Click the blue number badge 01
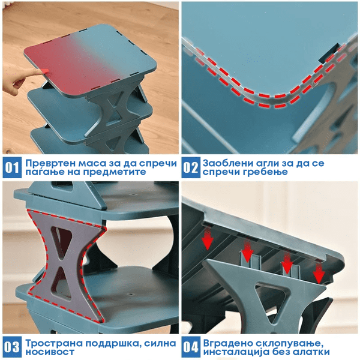[x=12, y=167]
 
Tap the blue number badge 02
[x=191, y=167]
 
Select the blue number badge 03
[x=12, y=347]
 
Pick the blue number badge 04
[x=191, y=347]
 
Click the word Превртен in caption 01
[x=50, y=163]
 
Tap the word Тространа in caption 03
[x=54, y=343]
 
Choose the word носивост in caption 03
[x=50, y=352]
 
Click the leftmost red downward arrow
[x=208, y=238]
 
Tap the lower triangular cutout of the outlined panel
[x=61, y=283]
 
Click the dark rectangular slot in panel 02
[x=328, y=53]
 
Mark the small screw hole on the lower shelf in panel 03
[x=131, y=294]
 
